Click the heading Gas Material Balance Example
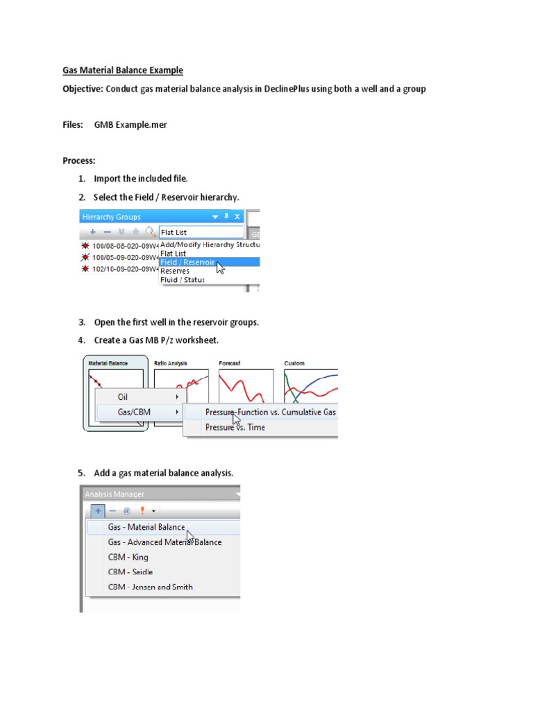coord(123,70)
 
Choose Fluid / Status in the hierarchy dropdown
coord(183,280)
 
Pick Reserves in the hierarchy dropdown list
coord(174,271)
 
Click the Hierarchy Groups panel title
coord(111,217)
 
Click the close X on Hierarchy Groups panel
coord(237,217)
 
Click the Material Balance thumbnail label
coord(108,363)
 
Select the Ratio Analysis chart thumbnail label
coord(171,363)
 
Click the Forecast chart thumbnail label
coord(230,363)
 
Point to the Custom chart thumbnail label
coord(294,363)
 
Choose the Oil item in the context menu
coord(124,396)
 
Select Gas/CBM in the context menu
coord(133,412)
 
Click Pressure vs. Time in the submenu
coord(235,428)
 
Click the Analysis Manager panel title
coord(115,494)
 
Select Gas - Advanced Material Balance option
coord(164,542)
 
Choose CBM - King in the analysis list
coord(128,557)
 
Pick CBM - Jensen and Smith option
coord(151,587)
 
